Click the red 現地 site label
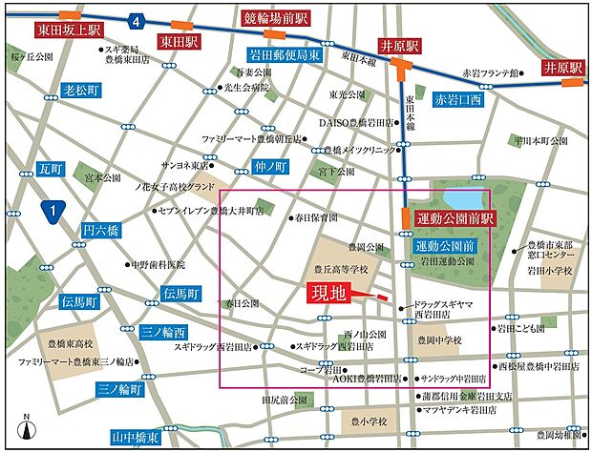328,294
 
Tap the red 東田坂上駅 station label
69,31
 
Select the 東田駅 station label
178,41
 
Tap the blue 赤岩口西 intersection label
458,99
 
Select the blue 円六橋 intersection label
100,231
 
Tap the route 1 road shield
53,211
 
